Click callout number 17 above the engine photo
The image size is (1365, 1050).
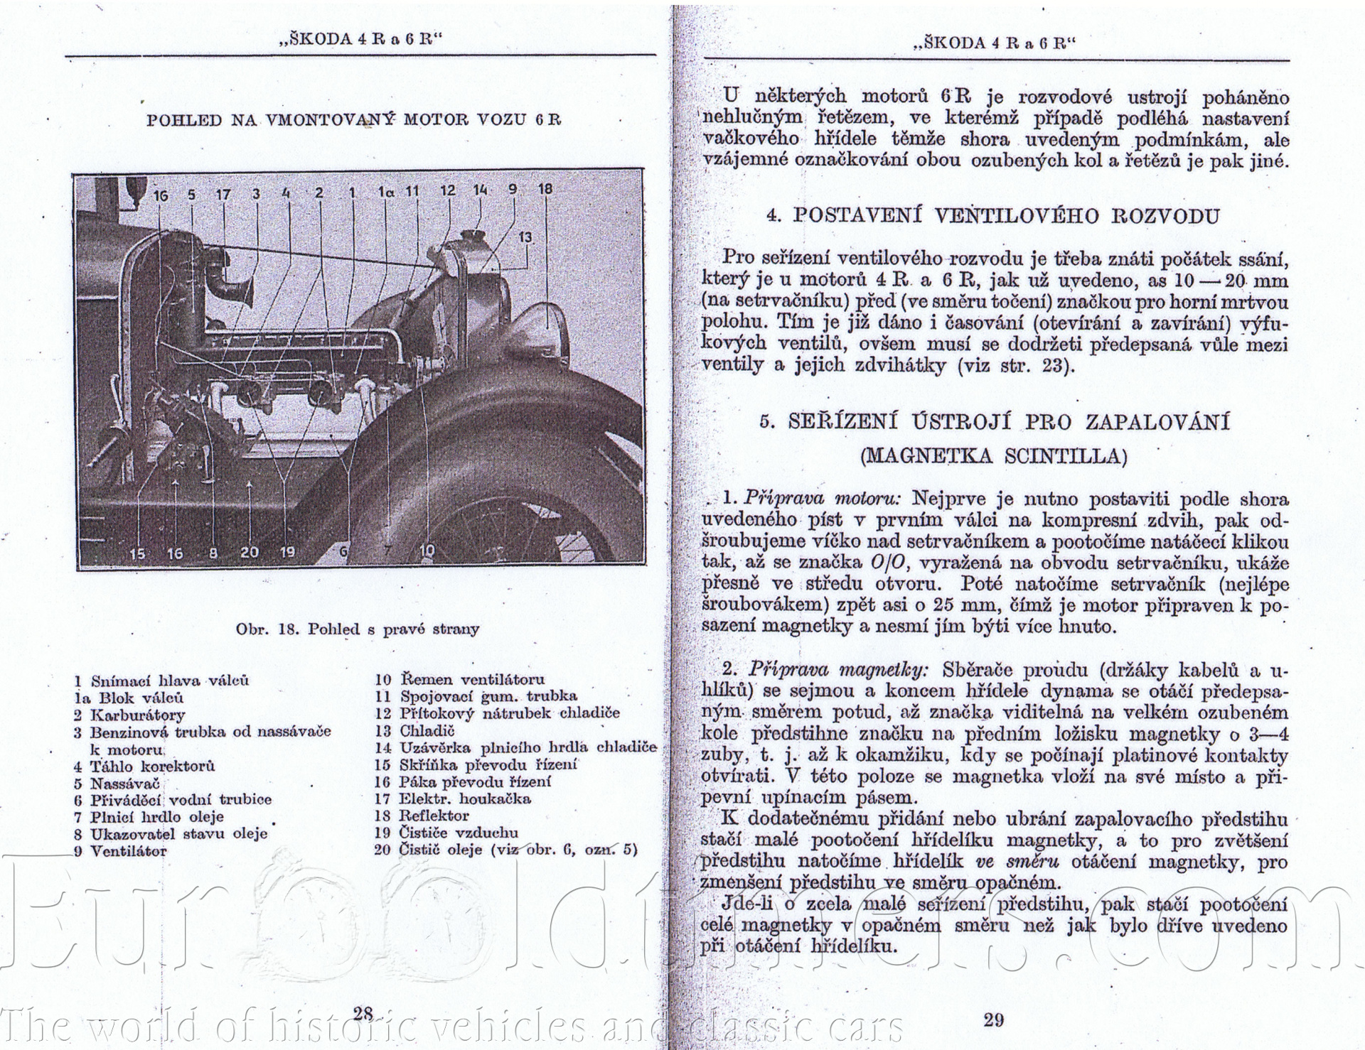click(x=223, y=193)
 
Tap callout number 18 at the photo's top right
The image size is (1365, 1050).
click(x=545, y=189)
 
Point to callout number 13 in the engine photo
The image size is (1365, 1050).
click(x=525, y=237)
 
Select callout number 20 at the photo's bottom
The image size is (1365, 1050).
click(x=249, y=551)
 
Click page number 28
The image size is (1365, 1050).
click(x=363, y=1014)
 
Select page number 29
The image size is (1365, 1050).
click(x=994, y=1020)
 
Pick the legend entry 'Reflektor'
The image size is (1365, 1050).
click(x=434, y=816)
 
